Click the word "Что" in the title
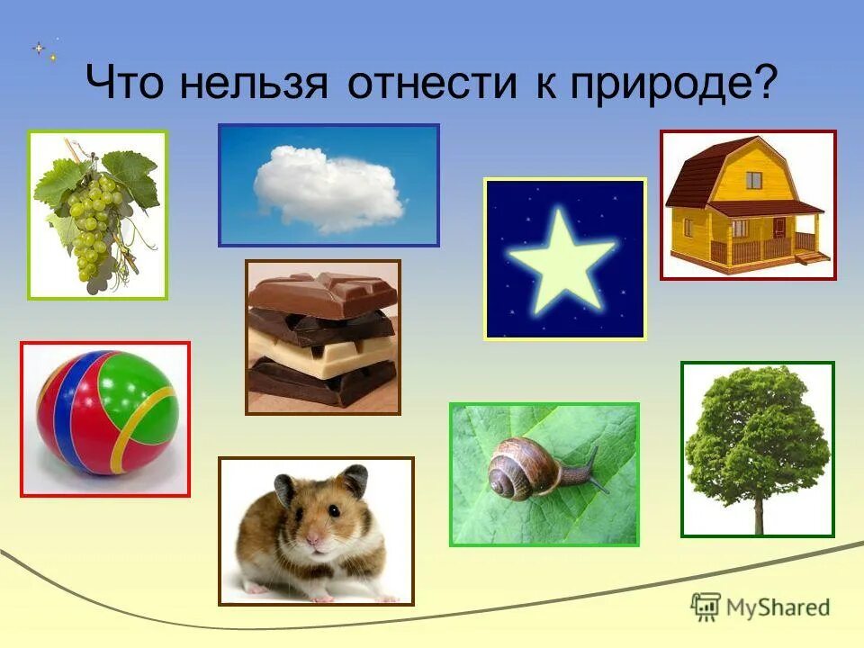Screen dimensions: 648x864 pos(126,84)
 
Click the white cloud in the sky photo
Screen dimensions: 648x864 pos(328,187)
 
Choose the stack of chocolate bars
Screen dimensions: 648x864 pos(322,337)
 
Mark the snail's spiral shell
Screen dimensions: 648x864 pos(515,470)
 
